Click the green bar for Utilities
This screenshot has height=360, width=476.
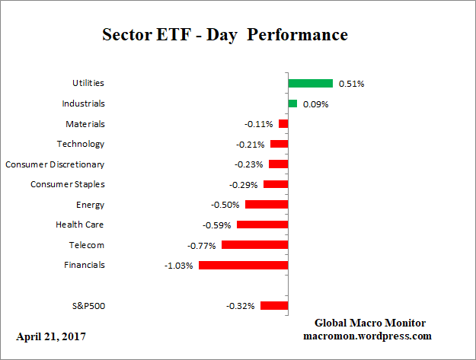[311, 83]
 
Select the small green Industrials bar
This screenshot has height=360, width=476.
[292, 104]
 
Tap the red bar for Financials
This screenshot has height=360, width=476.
[243, 265]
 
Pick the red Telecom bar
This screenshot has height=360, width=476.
[254, 245]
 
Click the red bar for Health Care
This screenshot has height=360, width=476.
[262, 225]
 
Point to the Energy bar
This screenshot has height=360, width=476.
[267, 205]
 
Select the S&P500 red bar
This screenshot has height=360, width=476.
[274, 305]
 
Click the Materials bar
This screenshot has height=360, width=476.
[283, 123]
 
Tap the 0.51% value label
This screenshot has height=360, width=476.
[350, 84]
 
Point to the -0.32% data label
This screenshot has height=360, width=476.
[241, 306]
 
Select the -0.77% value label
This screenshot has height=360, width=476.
[202, 245]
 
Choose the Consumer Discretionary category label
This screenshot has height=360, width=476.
[55, 164]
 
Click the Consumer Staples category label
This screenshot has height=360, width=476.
[68, 184]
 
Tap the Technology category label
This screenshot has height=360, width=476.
[81, 144]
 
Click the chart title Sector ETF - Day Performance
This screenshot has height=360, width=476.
[225, 35]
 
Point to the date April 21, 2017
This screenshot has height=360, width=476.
[51, 336]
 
